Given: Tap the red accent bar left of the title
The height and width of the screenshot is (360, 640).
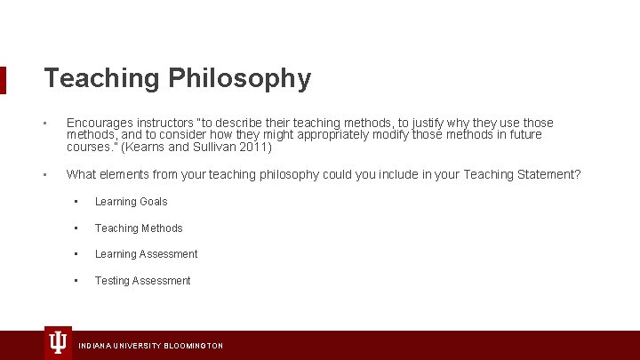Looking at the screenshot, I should (x=3, y=79).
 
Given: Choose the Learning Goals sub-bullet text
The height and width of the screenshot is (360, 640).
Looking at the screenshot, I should (x=131, y=202).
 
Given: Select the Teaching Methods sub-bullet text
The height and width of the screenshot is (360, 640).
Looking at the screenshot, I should (x=139, y=228).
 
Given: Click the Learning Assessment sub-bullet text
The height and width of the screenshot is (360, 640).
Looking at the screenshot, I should (x=146, y=254).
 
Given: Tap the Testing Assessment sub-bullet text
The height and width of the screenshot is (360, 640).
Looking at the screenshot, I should (x=142, y=281).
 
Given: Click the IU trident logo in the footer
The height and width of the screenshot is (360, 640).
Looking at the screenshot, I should (x=58, y=342).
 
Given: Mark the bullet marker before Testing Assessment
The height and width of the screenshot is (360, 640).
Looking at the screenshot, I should (x=76, y=281).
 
